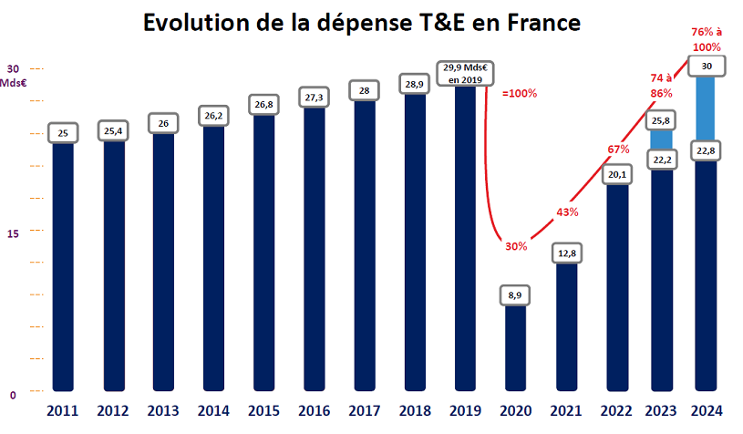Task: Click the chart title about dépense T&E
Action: coord(362,24)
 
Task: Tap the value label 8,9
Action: coord(516,295)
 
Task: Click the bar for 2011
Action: coord(63,264)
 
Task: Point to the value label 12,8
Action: coord(567,253)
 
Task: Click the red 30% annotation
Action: coord(515,246)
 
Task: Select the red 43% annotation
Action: coord(566,212)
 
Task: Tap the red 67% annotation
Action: coord(618,149)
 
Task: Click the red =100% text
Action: coord(520,93)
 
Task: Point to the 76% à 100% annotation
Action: coord(707,39)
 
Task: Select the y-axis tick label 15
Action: coord(13,234)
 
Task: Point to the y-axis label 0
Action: coord(13,395)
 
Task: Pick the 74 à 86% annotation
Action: coord(662,86)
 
